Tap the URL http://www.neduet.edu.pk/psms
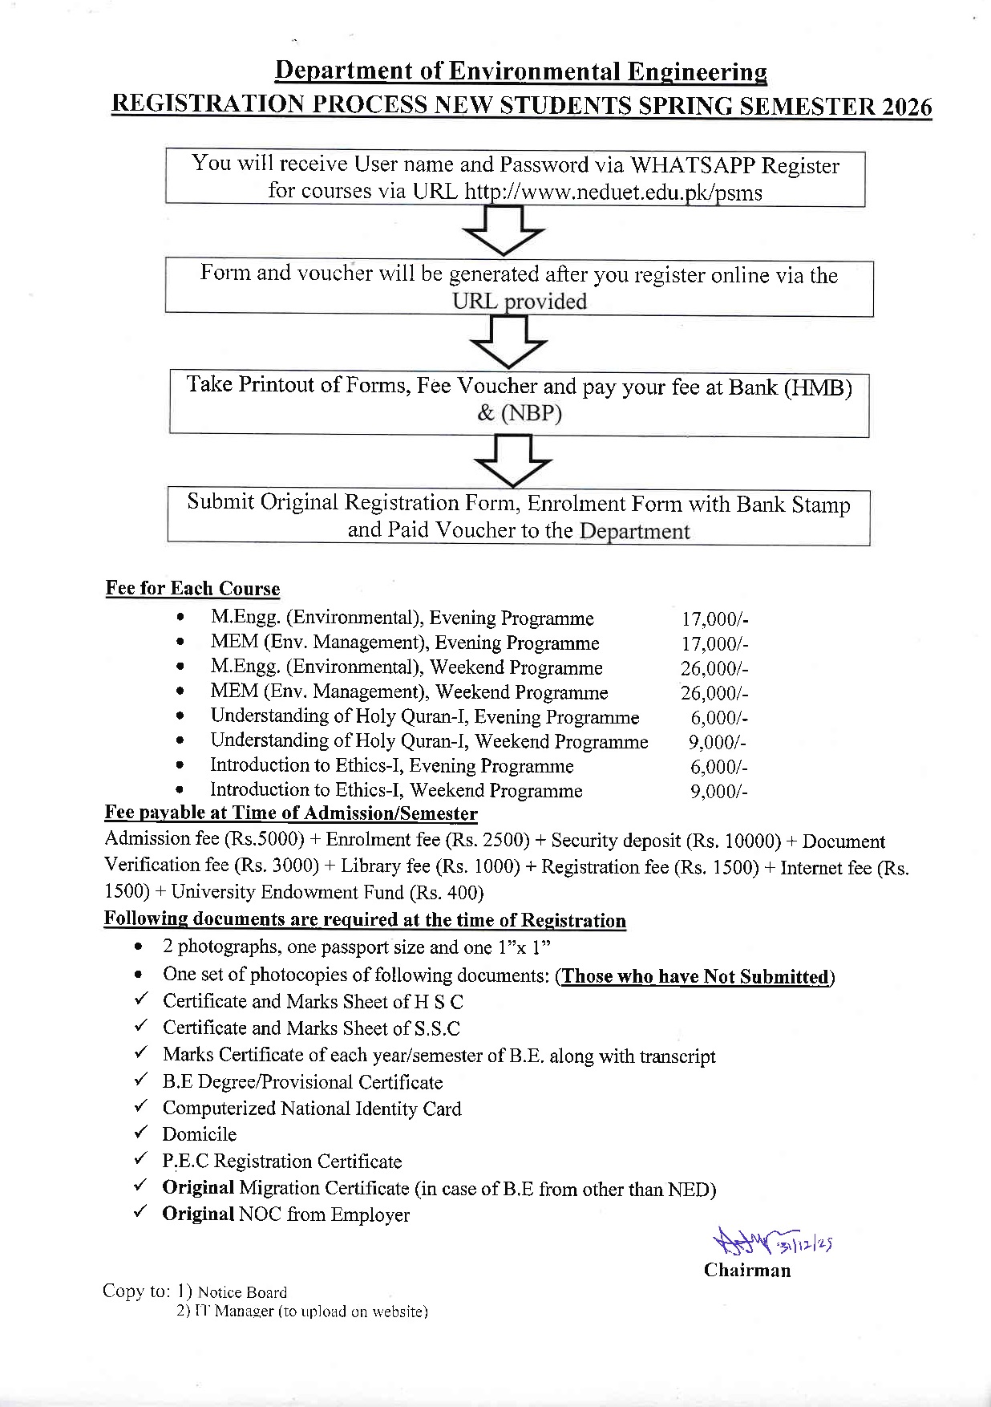tap(613, 193)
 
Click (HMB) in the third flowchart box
tap(817, 387)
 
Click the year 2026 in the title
tap(904, 107)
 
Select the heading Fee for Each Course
tap(192, 589)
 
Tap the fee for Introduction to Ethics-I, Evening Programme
tap(718, 767)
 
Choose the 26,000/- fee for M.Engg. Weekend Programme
tap(714, 668)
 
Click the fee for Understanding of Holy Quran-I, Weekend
tap(718, 742)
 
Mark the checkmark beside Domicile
tap(140, 1133)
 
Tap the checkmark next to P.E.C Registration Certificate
tap(140, 1159)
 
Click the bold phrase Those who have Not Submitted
tap(694, 976)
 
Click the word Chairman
tap(746, 1270)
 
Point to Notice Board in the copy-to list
tap(242, 1291)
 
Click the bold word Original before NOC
tap(198, 1214)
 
